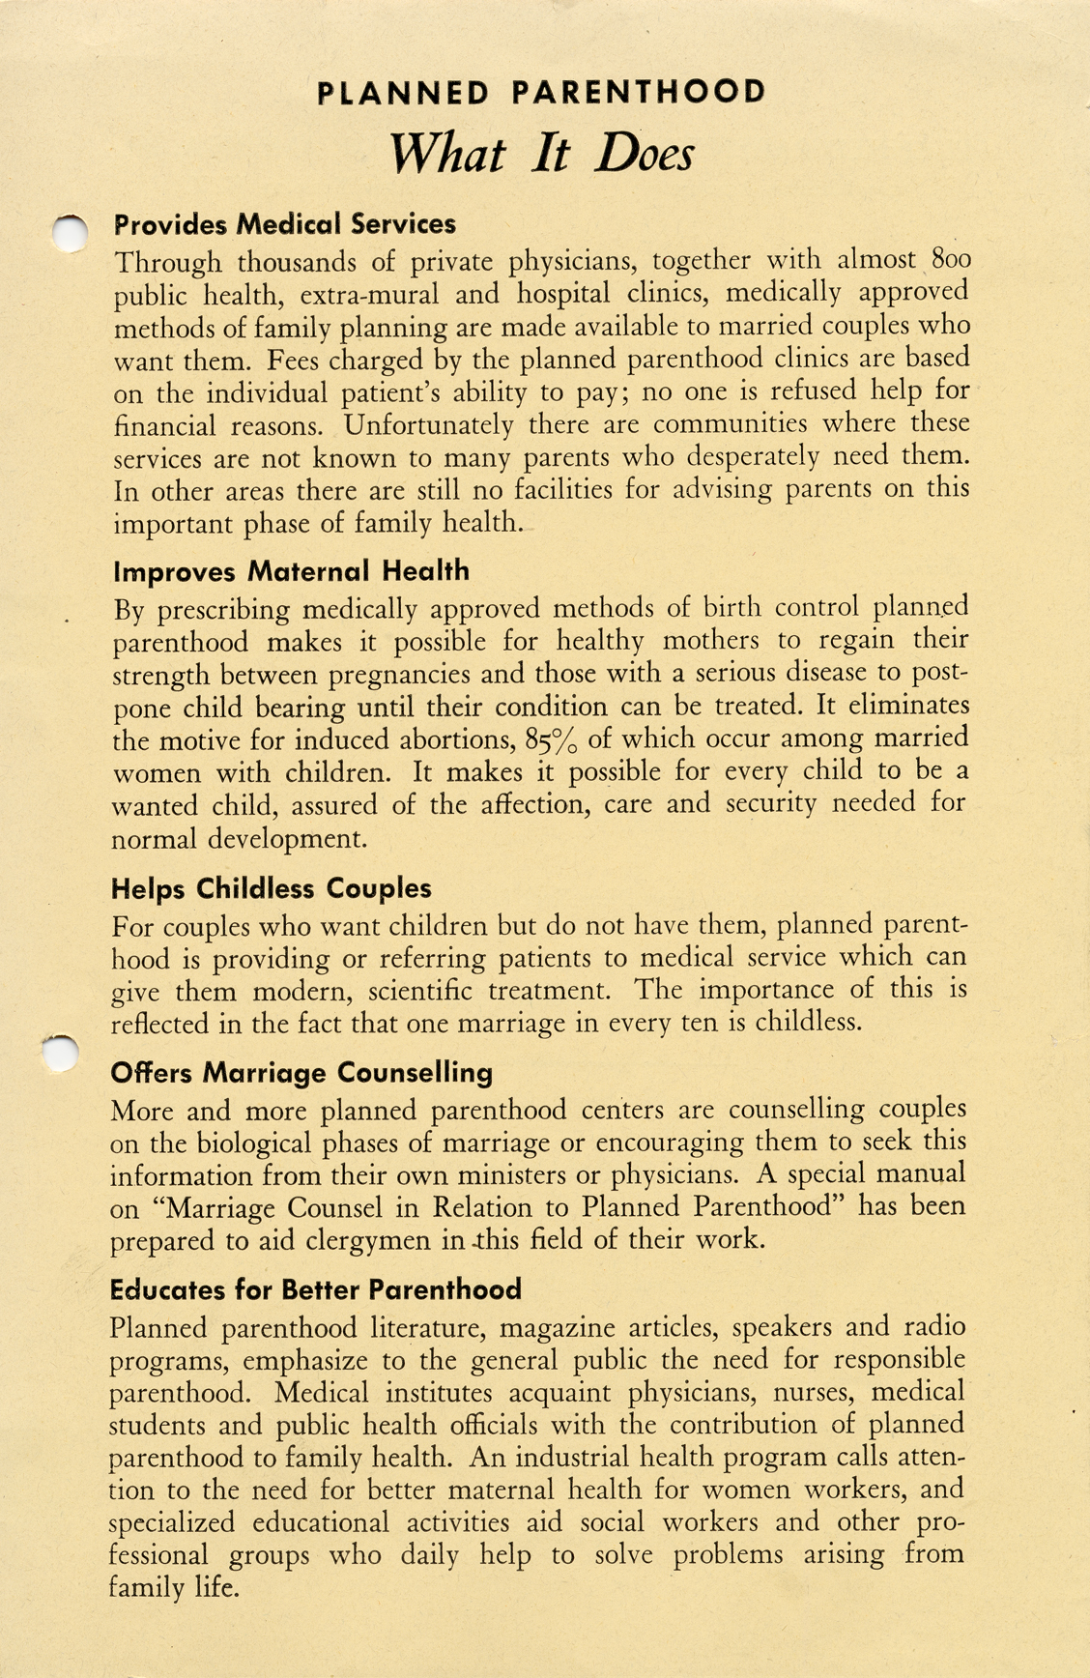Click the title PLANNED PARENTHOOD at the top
[541, 93]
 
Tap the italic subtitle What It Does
[541, 153]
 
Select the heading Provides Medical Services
[285, 224]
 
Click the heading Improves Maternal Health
[291, 571]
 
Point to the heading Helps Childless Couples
[272, 888]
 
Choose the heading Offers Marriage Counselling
[301, 1072]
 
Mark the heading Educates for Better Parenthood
[315, 1289]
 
